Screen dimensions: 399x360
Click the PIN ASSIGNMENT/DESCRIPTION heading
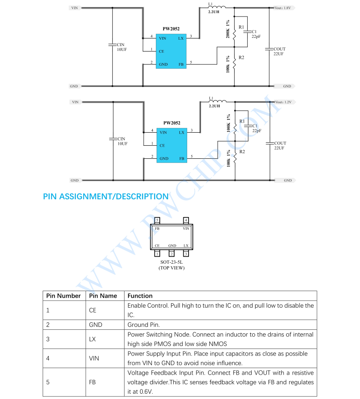106,197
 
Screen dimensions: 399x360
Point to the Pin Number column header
64,296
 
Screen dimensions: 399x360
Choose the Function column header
140,296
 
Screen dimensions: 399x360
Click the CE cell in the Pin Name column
93,310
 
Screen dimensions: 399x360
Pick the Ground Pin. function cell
144,325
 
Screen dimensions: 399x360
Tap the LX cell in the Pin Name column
92,339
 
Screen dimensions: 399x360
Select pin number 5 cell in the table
48,382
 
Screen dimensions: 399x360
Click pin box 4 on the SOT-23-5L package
186,220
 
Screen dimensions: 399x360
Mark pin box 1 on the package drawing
157,253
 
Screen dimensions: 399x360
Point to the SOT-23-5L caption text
171,262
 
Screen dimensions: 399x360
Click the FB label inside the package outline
157,228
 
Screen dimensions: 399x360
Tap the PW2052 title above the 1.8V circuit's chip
171,29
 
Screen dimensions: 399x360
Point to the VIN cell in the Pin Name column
94,359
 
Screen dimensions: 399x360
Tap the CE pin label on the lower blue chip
162,145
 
